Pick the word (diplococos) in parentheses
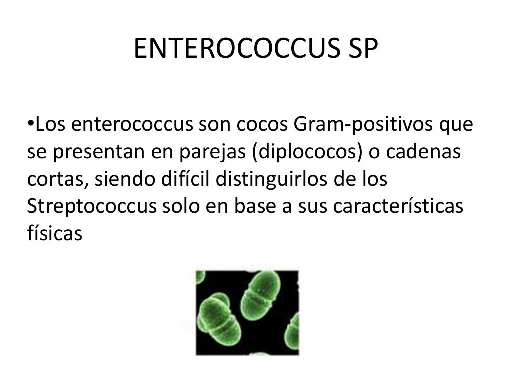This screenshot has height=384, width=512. tap(307, 153)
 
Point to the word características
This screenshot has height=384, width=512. tap(398, 207)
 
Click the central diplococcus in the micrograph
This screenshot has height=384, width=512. tap(258, 296)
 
